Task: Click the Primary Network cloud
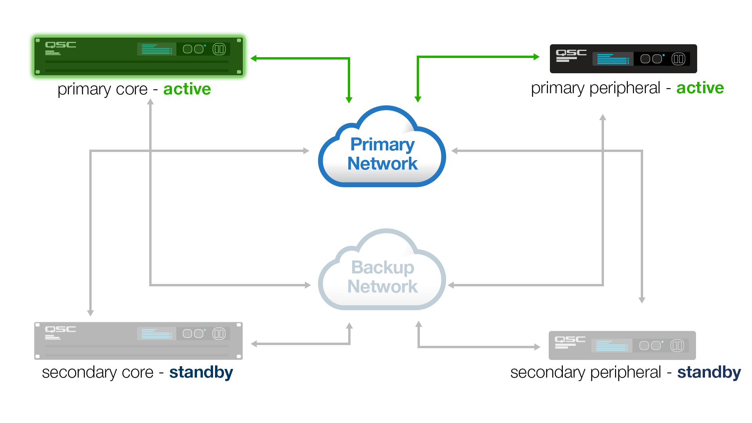(382, 147)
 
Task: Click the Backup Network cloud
(382, 270)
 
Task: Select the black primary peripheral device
(623, 59)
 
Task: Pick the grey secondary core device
(138, 341)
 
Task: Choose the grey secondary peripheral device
(622, 345)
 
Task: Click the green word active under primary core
(187, 89)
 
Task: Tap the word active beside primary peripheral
(700, 88)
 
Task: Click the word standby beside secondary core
(201, 372)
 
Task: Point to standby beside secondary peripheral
(709, 372)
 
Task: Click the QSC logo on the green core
(60, 45)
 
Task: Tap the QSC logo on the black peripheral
(571, 53)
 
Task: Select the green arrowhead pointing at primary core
(254, 58)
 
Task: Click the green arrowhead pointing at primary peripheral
(537, 57)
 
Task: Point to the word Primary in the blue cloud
(382, 144)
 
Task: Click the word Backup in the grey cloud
(383, 268)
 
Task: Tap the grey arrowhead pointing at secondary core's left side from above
(90, 313)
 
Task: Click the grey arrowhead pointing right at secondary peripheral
(537, 347)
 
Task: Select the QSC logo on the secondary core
(60, 329)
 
